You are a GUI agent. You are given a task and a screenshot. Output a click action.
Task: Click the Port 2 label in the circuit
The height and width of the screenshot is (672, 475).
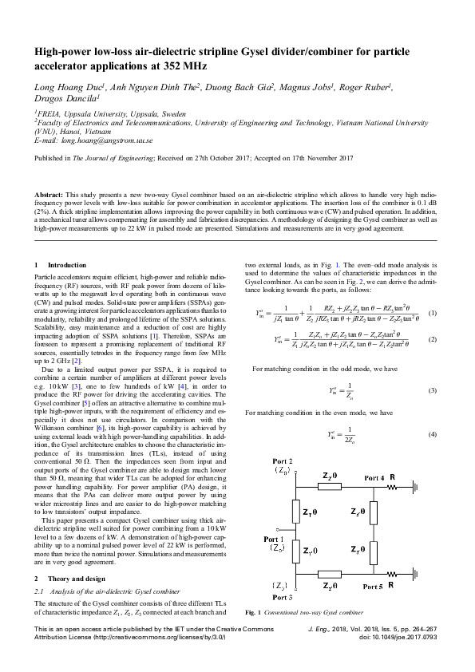(283, 463)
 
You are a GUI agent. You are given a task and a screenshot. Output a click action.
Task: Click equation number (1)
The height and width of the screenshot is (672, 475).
(432, 313)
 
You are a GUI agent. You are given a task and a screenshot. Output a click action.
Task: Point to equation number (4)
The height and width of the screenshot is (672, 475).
(432, 434)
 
